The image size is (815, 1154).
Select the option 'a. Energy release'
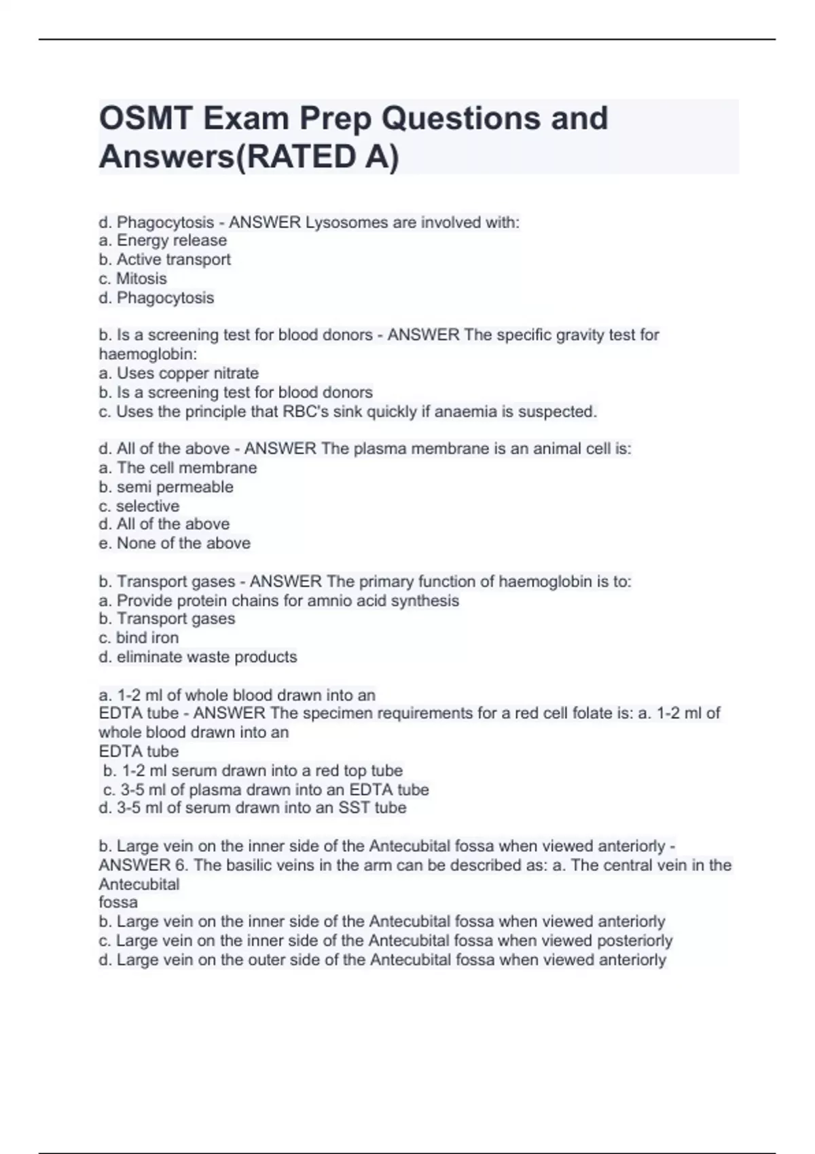pos(163,240)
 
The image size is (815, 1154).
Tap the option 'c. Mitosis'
pos(132,278)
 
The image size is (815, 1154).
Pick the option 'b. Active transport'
pos(165,259)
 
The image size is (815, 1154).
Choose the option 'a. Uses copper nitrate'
pos(179,373)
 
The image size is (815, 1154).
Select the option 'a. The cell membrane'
pos(178,468)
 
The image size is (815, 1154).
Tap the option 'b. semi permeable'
pos(166,487)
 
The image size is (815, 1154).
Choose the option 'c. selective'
pos(139,506)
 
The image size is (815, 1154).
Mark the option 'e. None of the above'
pos(175,543)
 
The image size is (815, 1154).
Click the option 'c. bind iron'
pos(139,637)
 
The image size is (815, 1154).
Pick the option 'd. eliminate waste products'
pos(198,656)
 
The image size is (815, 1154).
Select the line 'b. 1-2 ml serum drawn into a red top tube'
pos(253,770)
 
